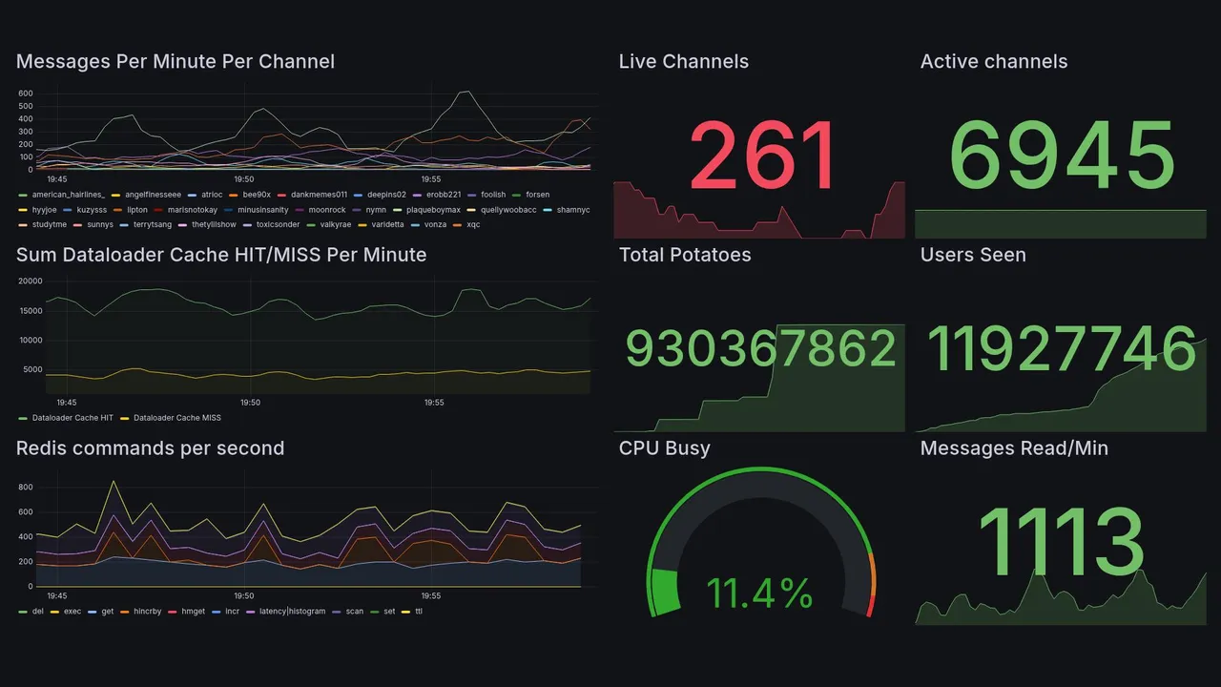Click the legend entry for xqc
pos(473,224)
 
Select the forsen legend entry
pos(537,195)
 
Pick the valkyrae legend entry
pos(333,224)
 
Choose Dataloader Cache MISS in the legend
pos(177,418)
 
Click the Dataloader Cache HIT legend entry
pos(72,418)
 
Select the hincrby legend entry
pos(147,611)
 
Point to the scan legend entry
pos(354,611)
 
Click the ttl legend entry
pos(419,611)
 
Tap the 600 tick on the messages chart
pos(26,94)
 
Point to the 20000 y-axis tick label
pos(31,281)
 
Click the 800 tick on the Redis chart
pos(26,488)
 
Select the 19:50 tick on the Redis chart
pos(244,595)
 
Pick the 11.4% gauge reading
pos(760,593)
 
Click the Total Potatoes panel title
pos(685,255)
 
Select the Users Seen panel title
pos(973,255)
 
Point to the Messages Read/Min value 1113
pos(1062,543)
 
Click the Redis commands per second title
pos(150,448)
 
